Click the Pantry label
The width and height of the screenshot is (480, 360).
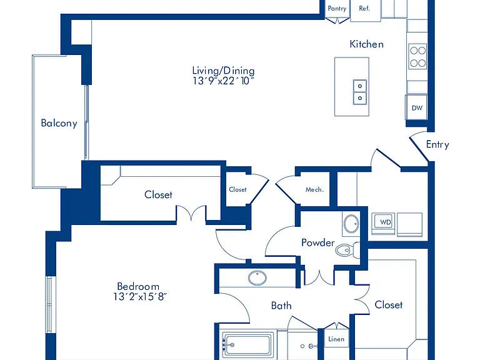coord(337,8)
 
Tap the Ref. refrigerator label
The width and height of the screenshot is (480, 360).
coord(364,8)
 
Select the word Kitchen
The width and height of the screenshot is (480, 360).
coord(366,44)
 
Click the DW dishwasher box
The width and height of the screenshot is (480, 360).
coord(416,107)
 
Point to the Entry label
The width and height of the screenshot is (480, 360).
coord(437,144)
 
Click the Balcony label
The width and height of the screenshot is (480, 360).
coord(59,123)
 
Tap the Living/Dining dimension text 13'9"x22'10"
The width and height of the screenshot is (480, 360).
coord(224,81)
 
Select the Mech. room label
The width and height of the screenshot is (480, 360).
coord(314,190)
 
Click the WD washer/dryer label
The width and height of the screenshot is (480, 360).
coord(386,222)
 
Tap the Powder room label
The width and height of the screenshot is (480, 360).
coord(317,242)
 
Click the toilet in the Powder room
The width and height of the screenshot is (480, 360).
coord(347,250)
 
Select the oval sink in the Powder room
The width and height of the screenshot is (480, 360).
coord(351,224)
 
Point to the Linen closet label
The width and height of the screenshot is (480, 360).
coord(336,339)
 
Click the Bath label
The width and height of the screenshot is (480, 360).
coord(281,306)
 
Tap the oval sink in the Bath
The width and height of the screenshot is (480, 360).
coord(257,278)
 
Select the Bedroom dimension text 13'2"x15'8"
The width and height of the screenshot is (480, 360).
coord(140,297)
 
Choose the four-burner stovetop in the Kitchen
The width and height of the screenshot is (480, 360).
coord(417,57)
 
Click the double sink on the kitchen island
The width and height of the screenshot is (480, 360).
coord(360,92)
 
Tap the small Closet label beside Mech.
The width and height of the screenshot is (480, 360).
coord(237,189)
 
